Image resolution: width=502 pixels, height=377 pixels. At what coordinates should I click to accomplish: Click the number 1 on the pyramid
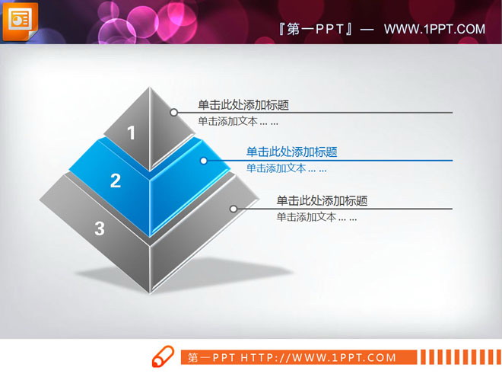coord(131,133)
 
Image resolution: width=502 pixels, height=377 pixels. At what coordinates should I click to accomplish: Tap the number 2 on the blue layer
coord(116,181)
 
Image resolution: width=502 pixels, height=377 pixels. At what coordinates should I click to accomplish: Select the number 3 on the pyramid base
coord(100,228)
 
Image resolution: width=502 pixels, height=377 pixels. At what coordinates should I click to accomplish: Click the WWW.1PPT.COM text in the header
coord(434,29)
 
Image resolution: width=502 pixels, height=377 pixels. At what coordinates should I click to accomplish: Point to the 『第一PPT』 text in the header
coord(315,29)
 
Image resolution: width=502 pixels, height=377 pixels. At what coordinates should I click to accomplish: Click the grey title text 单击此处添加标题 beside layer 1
coord(243,106)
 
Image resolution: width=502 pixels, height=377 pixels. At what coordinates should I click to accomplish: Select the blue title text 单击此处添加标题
coord(292,152)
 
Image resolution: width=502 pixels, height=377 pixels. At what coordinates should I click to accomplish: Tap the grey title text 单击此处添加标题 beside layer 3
coord(322,201)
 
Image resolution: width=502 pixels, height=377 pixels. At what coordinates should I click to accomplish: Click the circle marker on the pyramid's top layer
coord(174,113)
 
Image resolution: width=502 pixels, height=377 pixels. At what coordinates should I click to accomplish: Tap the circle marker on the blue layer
coord(204,161)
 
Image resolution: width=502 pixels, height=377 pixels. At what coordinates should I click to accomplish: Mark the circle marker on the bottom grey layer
coord(234,209)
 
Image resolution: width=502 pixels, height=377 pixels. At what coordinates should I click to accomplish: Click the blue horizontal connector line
coord(342,161)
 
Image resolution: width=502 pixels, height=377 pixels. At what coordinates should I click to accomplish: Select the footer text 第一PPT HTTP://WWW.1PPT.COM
coord(292,357)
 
